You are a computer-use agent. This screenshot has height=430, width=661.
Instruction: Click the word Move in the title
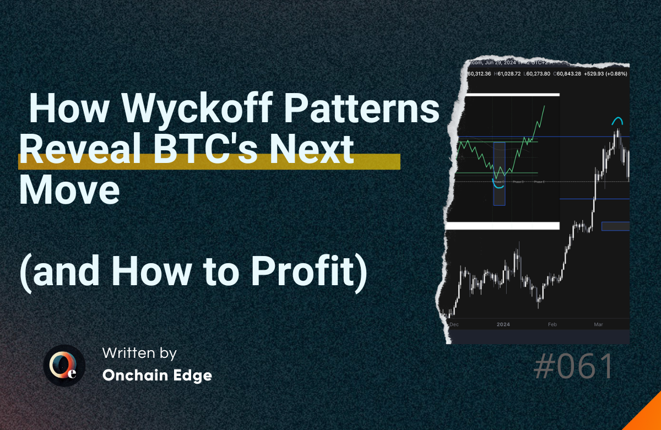pyautogui.click(x=69, y=190)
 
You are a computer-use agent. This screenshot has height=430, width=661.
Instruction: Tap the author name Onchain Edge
pyautogui.click(x=157, y=375)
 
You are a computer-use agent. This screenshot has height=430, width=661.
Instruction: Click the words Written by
pyautogui.click(x=139, y=353)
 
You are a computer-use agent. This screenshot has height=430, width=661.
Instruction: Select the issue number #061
pyautogui.click(x=573, y=367)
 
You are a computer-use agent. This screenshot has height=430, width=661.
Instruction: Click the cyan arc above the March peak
pyautogui.click(x=619, y=120)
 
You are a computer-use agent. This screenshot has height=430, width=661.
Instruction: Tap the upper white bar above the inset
pyautogui.click(x=504, y=95)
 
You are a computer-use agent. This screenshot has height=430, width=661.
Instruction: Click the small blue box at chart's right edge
pyautogui.click(x=615, y=226)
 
